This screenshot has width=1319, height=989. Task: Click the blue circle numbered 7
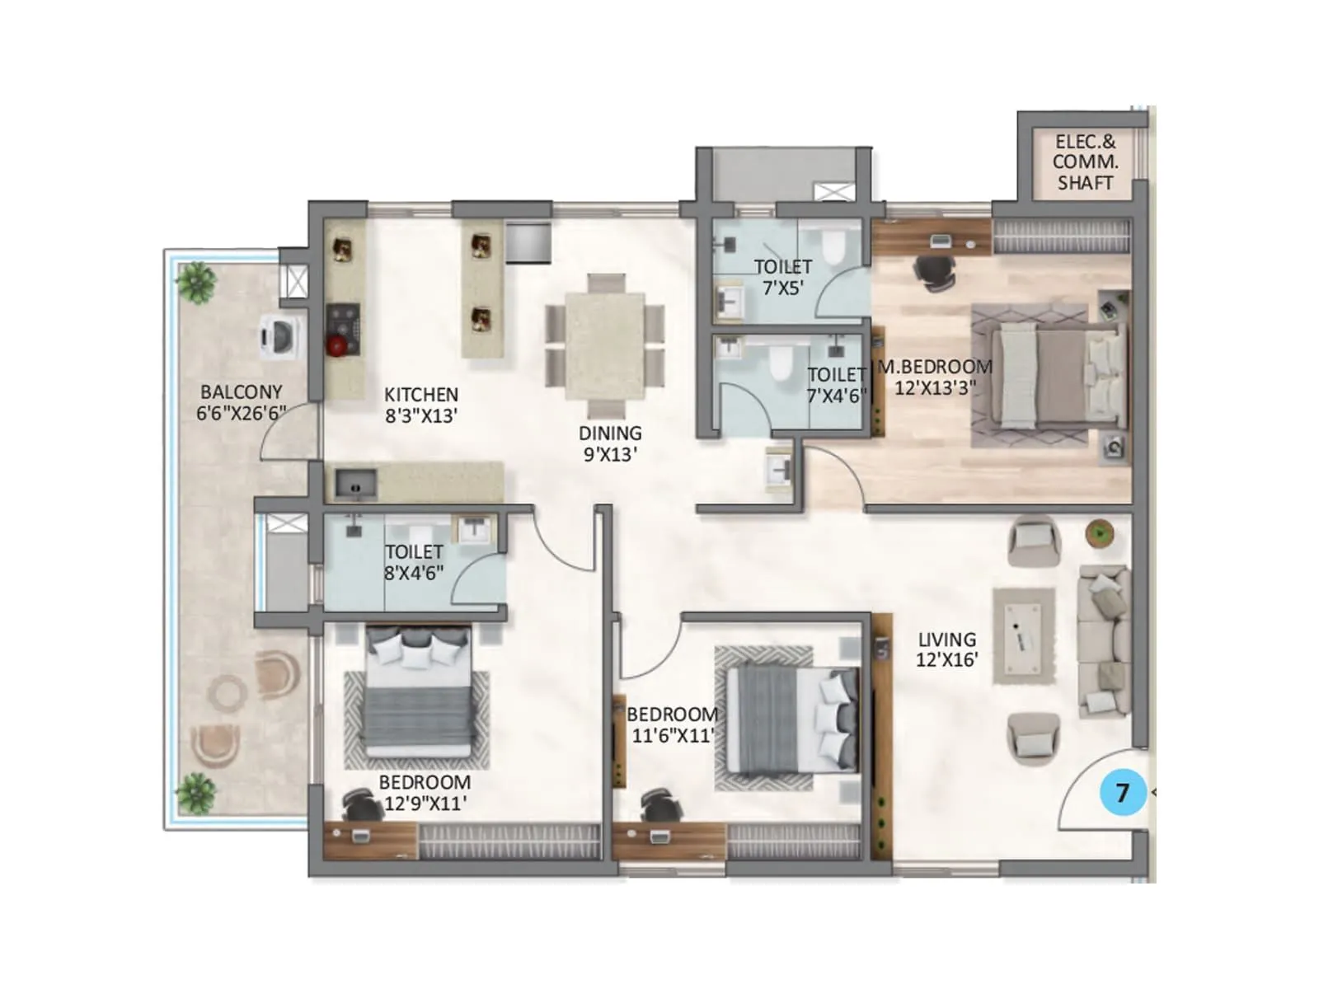[x=1123, y=792]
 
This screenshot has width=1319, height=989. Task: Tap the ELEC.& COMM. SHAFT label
[x=1085, y=162]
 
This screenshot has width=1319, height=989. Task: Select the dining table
[x=604, y=346]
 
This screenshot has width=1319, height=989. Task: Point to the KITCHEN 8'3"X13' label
[x=420, y=405]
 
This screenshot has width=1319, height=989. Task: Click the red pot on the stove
[x=336, y=346]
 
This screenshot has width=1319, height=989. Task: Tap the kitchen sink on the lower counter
[x=356, y=484]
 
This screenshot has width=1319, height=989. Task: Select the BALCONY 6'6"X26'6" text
[x=241, y=402]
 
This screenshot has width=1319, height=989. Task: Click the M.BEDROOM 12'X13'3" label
[x=935, y=377]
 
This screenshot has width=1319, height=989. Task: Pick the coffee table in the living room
[x=1023, y=635]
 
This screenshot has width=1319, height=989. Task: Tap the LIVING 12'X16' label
[x=946, y=649]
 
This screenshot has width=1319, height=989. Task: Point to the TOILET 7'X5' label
[x=782, y=277]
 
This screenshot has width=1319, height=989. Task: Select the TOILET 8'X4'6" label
[x=414, y=562]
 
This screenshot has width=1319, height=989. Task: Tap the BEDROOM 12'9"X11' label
[x=425, y=792]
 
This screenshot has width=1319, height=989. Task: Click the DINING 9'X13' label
[x=610, y=443]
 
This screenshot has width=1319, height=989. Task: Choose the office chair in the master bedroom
[x=935, y=271]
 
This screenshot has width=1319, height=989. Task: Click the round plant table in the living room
[x=1100, y=533]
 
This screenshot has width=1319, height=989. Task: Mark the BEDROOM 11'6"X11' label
[x=672, y=724]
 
